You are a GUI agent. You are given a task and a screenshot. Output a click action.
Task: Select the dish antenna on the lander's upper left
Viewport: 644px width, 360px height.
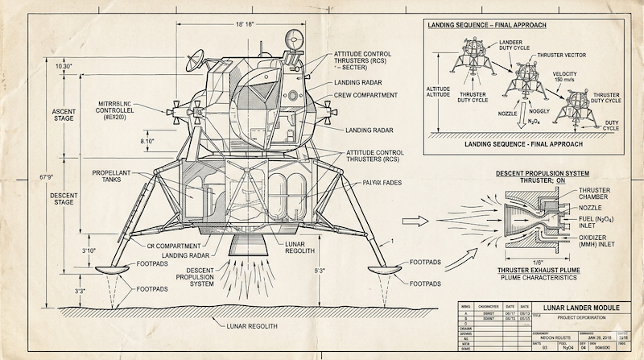(195, 59)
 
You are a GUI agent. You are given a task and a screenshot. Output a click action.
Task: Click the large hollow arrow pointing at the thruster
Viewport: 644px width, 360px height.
(411, 217)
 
